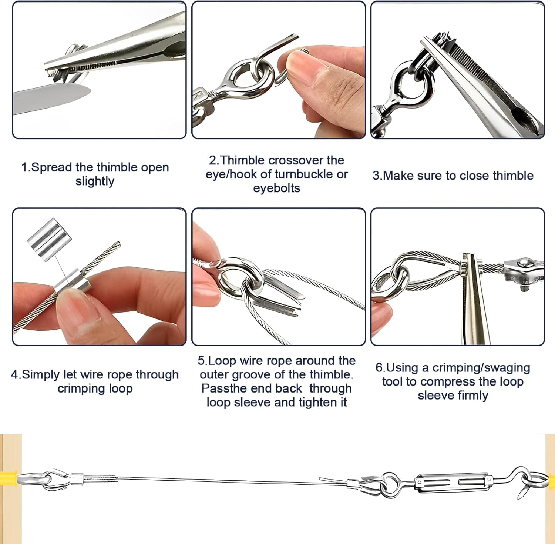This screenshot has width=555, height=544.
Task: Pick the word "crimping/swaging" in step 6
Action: click(x=481, y=368)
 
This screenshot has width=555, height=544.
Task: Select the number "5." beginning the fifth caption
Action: click(x=203, y=361)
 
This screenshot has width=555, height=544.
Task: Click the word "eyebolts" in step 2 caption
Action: click(x=276, y=188)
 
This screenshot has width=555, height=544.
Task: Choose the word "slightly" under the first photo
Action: click(x=95, y=181)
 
